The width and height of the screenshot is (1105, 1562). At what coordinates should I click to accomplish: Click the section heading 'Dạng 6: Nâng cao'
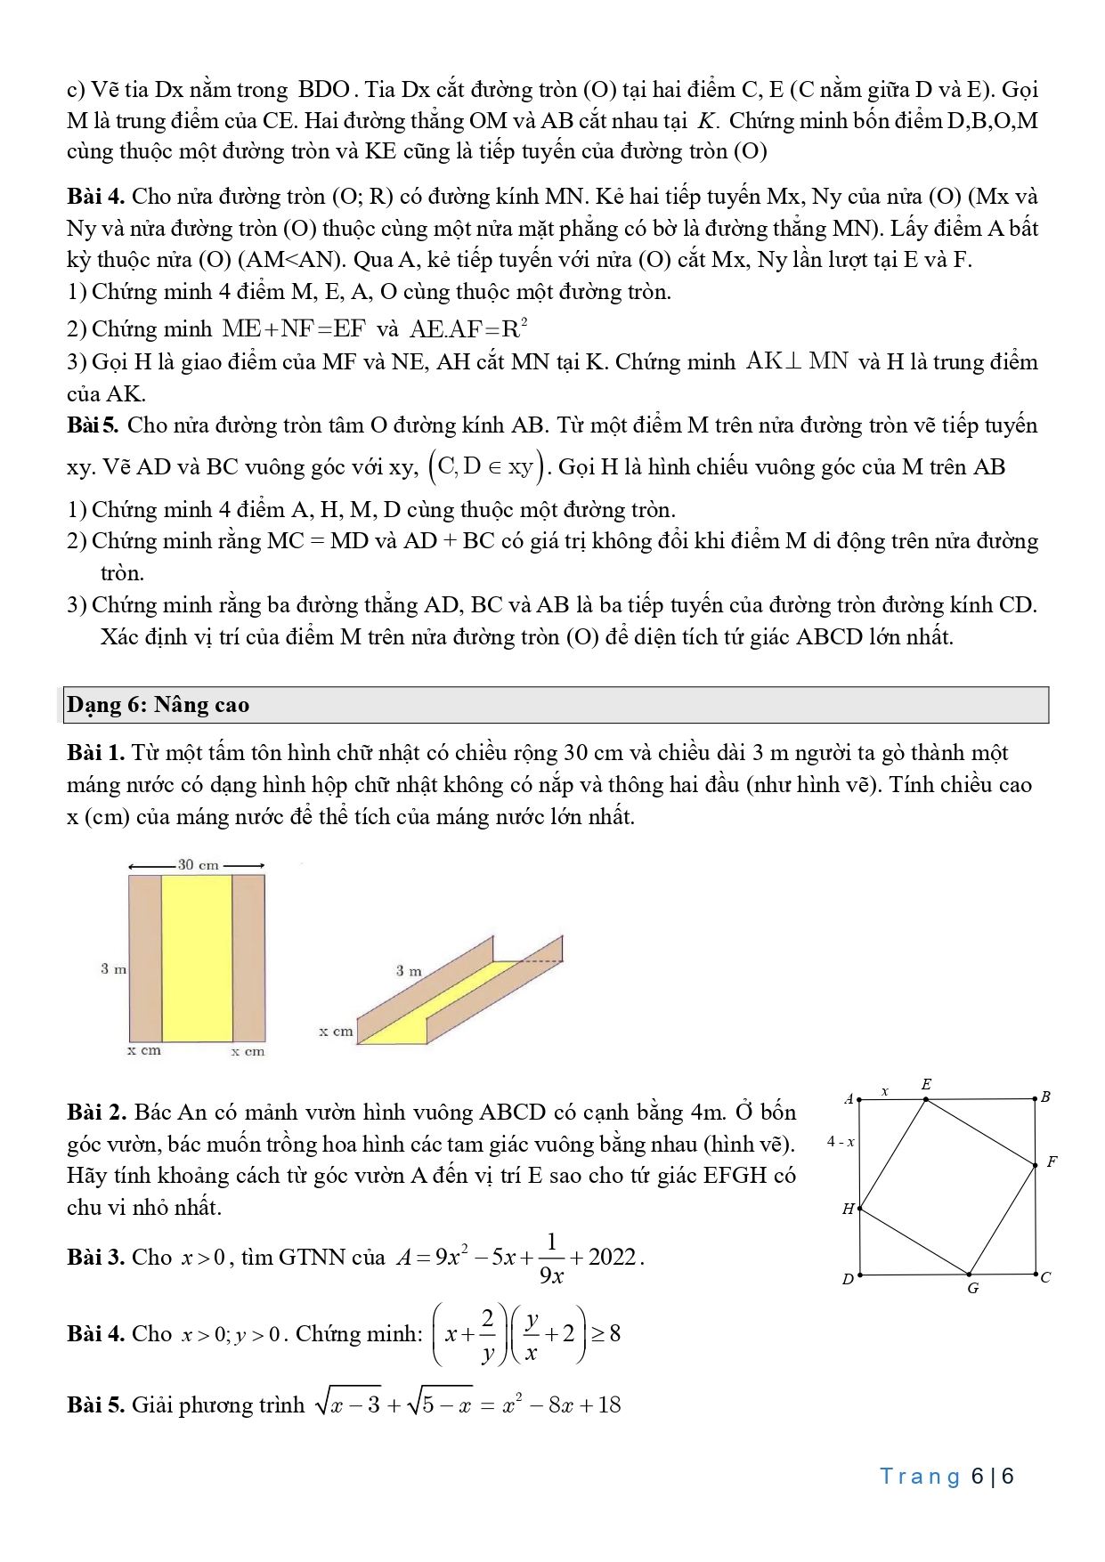(x=158, y=705)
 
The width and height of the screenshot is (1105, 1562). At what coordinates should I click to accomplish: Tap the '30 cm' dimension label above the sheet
(x=198, y=864)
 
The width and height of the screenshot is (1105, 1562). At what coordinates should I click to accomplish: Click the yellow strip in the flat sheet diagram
(x=197, y=958)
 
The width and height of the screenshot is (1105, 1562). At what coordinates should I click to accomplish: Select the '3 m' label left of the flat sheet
(x=113, y=968)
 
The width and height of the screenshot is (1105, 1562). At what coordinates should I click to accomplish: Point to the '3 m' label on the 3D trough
(x=409, y=970)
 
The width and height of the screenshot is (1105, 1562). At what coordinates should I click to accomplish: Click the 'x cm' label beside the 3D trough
(x=336, y=1032)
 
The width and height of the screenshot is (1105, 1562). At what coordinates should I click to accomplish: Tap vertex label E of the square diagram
(x=926, y=1084)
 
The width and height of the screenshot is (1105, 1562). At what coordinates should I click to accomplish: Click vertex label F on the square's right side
(x=1052, y=1161)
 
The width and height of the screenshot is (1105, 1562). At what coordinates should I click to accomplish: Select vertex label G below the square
(x=972, y=1288)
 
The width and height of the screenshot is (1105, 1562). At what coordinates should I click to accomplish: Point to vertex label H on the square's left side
(x=848, y=1209)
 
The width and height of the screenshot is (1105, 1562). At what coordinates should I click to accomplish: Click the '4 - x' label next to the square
(x=841, y=1141)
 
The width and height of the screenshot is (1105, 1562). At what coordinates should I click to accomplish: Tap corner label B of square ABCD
(x=1045, y=1097)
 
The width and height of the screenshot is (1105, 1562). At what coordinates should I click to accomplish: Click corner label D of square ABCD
(x=848, y=1279)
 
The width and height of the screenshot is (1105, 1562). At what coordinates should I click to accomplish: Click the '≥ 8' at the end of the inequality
(x=606, y=1333)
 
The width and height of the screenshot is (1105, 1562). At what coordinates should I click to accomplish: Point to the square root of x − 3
(x=347, y=1404)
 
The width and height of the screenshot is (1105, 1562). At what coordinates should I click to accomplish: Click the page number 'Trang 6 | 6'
(x=947, y=1477)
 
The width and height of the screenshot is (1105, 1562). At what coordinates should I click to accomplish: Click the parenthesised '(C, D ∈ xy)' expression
(x=486, y=466)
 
